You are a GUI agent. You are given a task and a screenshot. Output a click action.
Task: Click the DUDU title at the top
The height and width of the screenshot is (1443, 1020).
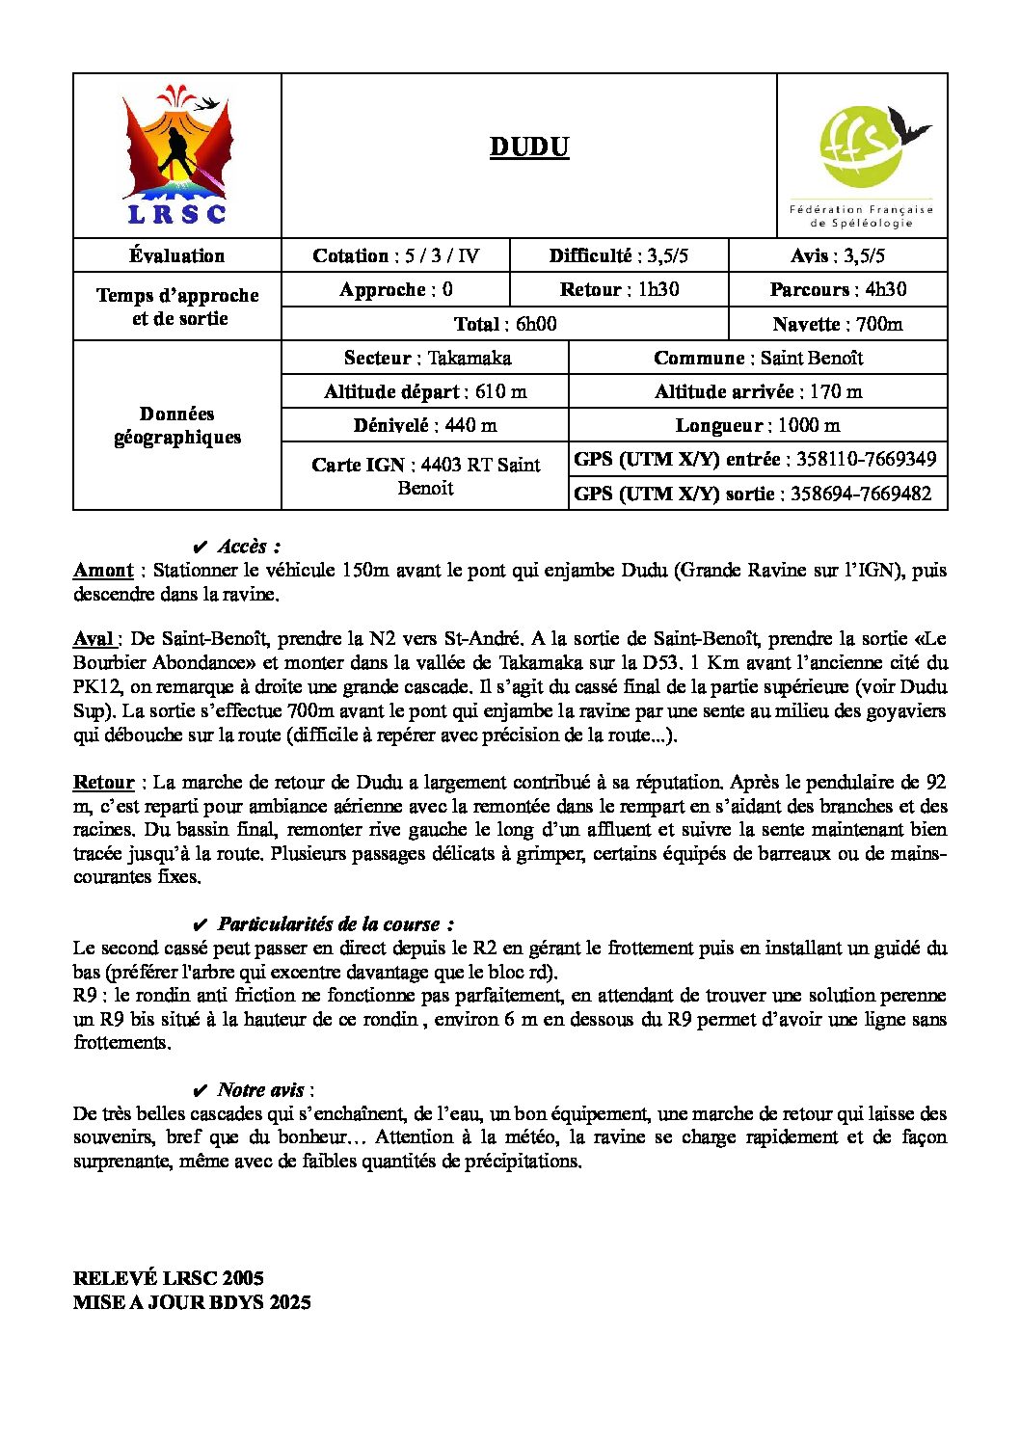click(x=529, y=147)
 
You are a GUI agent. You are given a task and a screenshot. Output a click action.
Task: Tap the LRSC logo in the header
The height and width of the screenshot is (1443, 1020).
click(x=177, y=156)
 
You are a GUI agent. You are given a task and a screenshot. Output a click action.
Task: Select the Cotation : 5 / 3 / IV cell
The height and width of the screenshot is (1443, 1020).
click(x=395, y=255)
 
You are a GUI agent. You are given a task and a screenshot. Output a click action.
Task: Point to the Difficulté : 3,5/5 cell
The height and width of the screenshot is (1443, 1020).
click(x=619, y=255)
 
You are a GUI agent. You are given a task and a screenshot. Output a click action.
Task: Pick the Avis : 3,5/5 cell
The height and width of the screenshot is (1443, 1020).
click(x=838, y=255)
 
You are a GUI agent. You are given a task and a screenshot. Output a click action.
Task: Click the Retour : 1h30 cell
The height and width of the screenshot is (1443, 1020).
click(x=619, y=289)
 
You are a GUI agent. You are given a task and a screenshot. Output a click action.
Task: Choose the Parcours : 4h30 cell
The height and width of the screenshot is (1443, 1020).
click(x=838, y=289)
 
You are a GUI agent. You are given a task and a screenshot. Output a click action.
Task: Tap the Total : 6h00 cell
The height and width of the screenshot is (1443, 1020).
click(x=505, y=324)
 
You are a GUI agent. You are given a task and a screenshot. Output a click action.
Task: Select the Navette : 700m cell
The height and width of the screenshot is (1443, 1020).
click(x=838, y=324)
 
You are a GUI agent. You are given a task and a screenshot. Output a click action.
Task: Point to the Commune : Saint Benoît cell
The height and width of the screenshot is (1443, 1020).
click(x=758, y=358)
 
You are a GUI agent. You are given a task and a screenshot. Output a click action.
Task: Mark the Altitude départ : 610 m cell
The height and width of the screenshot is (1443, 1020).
click(x=425, y=391)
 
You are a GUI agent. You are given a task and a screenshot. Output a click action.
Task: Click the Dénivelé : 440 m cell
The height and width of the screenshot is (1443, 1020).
click(x=425, y=425)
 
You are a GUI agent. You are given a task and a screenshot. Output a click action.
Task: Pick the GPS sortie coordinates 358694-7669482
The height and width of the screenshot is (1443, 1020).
click(x=861, y=494)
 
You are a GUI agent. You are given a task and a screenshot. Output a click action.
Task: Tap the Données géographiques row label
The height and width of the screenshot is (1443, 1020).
click(x=177, y=425)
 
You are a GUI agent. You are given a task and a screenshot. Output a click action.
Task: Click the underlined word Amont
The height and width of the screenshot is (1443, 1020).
click(x=103, y=570)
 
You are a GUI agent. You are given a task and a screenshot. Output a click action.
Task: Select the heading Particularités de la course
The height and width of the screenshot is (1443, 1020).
click(x=335, y=924)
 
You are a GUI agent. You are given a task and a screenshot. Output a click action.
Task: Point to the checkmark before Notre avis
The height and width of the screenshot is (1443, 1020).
click(x=201, y=1090)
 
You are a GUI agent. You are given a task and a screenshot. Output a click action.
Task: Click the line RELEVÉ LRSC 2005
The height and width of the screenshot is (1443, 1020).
click(x=169, y=1278)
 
